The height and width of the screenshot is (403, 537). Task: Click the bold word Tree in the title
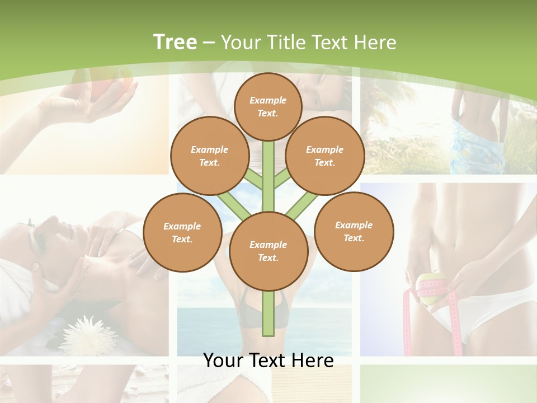click(x=175, y=43)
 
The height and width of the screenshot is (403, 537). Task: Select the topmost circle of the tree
click(x=268, y=106)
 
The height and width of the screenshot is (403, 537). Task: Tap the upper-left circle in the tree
click(x=209, y=156)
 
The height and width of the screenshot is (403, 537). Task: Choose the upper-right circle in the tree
click(x=324, y=156)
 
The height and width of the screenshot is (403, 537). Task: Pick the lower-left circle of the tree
click(x=182, y=233)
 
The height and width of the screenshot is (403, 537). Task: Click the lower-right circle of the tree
click(x=354, y=232)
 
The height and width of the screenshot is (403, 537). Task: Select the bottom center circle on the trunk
click(x=268, y=251)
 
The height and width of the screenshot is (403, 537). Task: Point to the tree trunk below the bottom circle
click(x=268, y=313)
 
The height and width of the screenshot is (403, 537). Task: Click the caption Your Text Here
click(x=268, y=360)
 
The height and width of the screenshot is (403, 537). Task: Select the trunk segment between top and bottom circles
click(x=268, y=176)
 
